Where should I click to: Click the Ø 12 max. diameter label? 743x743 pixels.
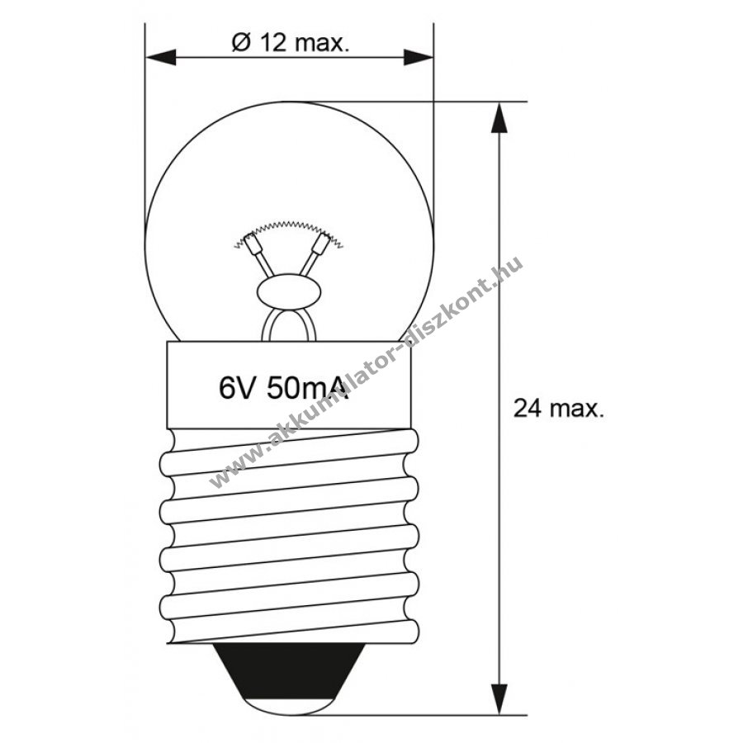click(291, 43)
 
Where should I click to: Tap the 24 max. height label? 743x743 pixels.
click(559, 408)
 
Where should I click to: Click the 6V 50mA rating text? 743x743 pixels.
click(284, 388)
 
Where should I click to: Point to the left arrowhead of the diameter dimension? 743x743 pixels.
click(161, 58)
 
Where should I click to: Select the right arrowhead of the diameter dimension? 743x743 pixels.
click(418, 58)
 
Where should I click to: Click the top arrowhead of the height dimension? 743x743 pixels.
click(499, 117)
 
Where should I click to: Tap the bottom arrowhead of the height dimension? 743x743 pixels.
click(499, 699)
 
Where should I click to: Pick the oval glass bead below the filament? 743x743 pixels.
click(289, 291)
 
